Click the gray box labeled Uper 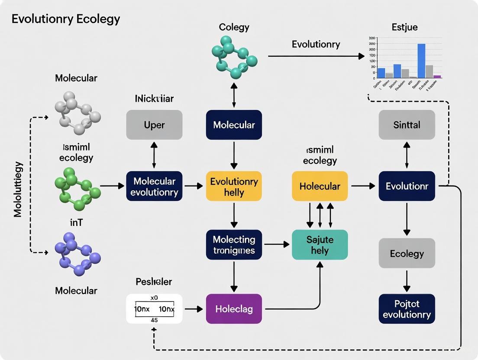coord(154,125)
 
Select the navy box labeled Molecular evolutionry coord(154,186)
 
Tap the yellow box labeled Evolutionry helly coord(234,186)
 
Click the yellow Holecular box coord(320,186)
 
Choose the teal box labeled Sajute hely coord(320,244)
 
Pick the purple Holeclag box coord(234,309)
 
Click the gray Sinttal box coord(407,125)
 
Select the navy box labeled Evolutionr coord(407,186)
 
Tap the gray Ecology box coord(407,253)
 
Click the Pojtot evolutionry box coord(407,309)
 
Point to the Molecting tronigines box coord(234,244)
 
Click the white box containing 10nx coord(154,309)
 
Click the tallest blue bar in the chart coord(421,61)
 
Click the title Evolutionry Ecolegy coord(66,19)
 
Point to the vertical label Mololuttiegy coord(18,189)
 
